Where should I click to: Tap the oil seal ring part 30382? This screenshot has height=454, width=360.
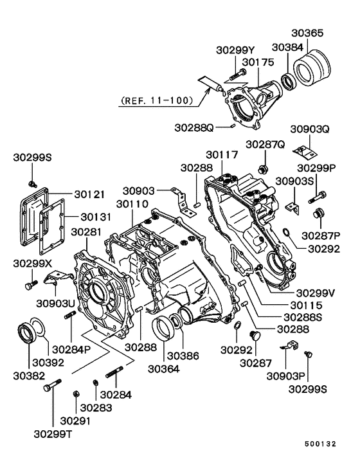click(x=28, y=334)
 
